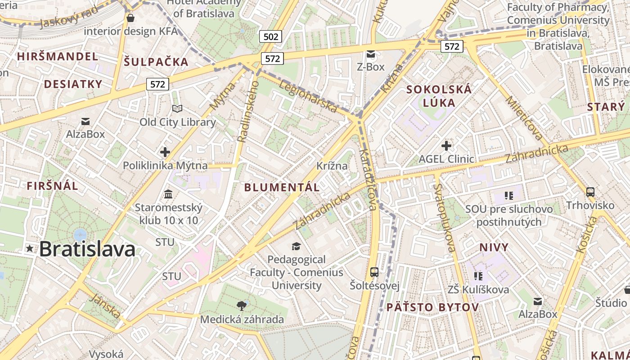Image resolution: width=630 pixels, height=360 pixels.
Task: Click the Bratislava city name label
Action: pyautogui.click(x=87, y=249)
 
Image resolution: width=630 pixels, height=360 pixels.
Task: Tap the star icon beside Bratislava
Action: pyautogui.click(x=30, y=248)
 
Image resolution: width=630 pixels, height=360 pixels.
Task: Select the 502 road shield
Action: pyautogui.click(x=270, y=36)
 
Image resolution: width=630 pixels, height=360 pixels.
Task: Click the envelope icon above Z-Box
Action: pyautogui.click(x=371, y=54)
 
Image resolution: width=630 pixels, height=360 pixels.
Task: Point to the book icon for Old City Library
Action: pyautogui.click(x=177, y=109)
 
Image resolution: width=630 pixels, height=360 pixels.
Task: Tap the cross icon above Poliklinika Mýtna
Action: pyautogui.click(x=165, y=152)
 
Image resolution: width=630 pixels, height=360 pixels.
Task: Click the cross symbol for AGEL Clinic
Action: pyautogui.click(x=446, y=146)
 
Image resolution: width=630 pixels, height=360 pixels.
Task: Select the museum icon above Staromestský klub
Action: pyautogui.click(x=168, y=194)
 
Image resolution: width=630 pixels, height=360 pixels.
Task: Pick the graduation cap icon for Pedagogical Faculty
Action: pyautogui.click(x=296, y=246)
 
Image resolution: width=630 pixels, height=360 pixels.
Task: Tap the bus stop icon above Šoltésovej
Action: pyautogui.click(x=374, y=272)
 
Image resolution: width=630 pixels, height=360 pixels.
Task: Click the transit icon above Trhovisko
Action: pyautogui.click(x=590, y=192)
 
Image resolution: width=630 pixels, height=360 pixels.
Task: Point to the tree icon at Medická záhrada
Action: pyautogui.click(x=242, y=306)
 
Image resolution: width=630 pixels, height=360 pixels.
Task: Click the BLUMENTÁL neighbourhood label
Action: pyautogui.click(x=282, y=188)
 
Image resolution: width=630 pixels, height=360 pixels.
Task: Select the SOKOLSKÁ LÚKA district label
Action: pyautogui.click(x=439, y=96)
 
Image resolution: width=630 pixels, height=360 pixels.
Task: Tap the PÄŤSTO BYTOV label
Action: pyautogui.click(x=432, y=307)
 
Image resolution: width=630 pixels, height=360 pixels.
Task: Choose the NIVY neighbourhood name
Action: pyautogui.click(x=494, y=247)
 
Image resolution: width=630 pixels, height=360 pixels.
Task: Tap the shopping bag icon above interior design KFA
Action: pyautogui.click(x=130, y=18)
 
